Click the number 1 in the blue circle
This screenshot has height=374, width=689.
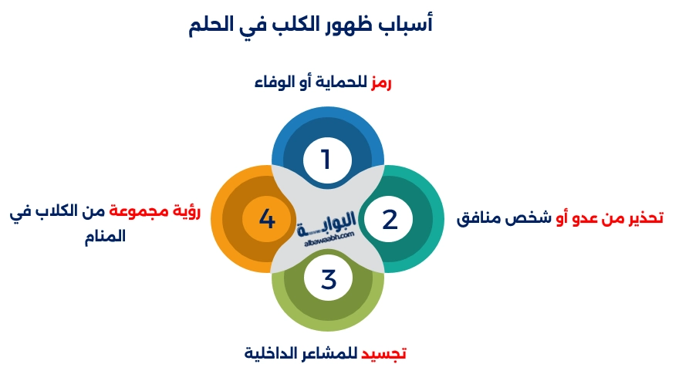point(326,160)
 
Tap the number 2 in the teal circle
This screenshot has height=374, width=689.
point(390,220)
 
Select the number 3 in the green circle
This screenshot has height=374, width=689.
point(329,279)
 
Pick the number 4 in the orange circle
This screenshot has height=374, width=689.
point(267,220)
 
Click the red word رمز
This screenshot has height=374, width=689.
point(380,83)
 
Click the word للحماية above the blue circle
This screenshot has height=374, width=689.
point(342,83)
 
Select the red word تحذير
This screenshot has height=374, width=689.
point(642,217)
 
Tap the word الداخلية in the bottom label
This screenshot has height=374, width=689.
point(271,354)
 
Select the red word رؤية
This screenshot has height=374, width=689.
point(184,211)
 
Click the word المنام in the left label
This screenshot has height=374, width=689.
point(106,236)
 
